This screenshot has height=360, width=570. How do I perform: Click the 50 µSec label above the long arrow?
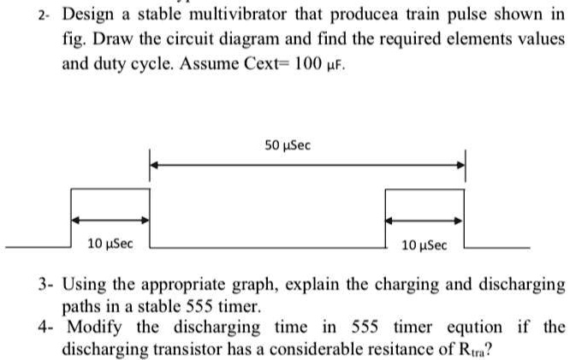tap(288, 145)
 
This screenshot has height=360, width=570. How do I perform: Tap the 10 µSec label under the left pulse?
tap(110, 244)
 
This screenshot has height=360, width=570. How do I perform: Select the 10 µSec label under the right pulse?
tap(425, 245)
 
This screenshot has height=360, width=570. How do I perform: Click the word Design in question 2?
tap(88, 15)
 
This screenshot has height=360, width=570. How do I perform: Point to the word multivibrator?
tap(238, 15)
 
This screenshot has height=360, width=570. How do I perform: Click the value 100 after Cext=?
tap(307, 63)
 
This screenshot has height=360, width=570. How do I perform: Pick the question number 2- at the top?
tap(44, 16)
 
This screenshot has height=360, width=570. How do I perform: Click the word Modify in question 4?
tap(94, 327)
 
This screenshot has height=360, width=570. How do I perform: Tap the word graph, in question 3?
tap(255, 285)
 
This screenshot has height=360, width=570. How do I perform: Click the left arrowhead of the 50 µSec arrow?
tap(154, 165)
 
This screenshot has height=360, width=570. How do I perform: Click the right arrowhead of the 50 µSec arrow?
tap(460, 165)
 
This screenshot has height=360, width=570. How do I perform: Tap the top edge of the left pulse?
tap(110, 188)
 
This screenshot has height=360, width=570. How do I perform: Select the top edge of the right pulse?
tap(425, 189)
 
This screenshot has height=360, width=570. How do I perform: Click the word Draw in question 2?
tap(113, 38)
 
